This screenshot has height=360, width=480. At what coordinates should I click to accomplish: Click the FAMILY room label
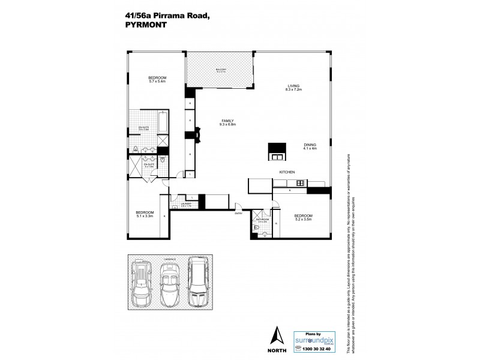(x=227, y=121)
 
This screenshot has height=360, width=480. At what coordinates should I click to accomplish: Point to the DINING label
(x=310, y=145)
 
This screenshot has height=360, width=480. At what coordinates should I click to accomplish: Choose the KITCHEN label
(x=287, y=172)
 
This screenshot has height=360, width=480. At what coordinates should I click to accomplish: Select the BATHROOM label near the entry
(x=262, y=220)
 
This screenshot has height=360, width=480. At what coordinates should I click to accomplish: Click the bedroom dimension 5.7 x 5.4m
(x=157, y=82)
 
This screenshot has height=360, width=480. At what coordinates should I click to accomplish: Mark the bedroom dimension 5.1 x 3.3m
(x=145, y=216)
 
